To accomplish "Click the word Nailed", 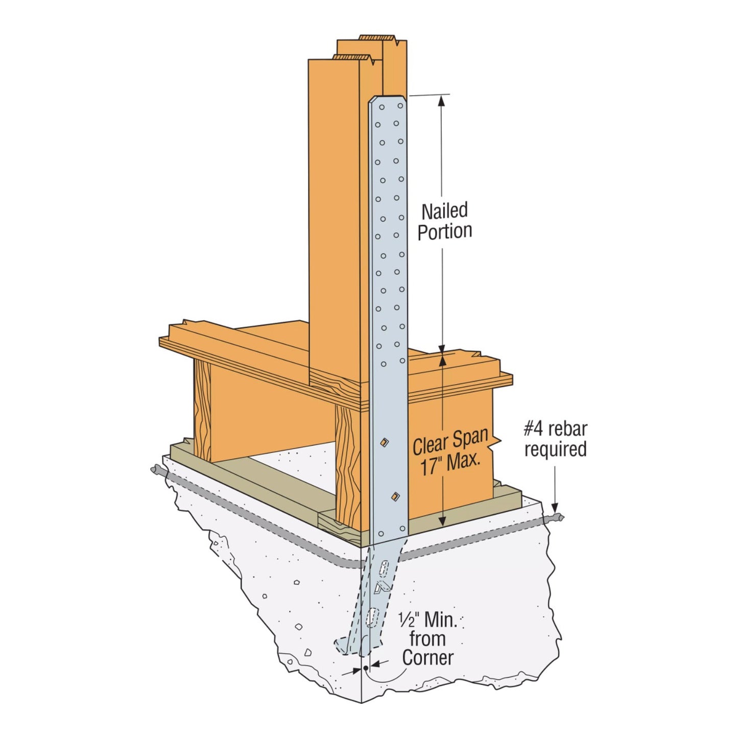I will click(x=444, y=210).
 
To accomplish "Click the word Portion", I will click(x=444, y=231).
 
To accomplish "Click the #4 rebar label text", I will click(x=555, y=429).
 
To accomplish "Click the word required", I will click(x=555, y=450).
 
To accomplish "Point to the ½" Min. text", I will click(x=427, y=621).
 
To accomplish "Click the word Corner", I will click(x=427, y=658).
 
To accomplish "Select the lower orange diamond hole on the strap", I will click(x=394, y=495).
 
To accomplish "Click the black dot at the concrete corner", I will click(x=366, y=668).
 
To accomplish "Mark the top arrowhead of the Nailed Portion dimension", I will click(x=442, y=101).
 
